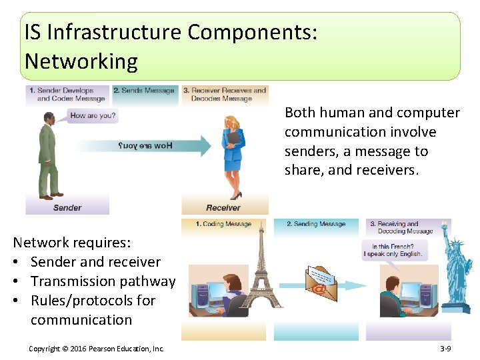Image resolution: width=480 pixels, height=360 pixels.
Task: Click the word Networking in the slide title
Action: click(81, 61)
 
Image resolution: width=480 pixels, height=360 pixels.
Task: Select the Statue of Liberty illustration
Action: click(457, 267)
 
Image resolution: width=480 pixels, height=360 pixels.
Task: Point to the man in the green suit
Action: click(48, 153)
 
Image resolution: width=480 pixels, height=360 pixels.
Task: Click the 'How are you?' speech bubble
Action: click(93, 116)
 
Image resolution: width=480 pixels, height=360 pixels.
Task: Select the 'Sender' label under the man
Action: click(67, 207)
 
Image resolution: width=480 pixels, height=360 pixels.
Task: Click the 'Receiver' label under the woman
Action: click(223, 207)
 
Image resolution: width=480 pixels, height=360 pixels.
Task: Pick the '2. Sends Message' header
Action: click(144, 91)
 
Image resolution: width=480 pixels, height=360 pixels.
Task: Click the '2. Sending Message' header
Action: click(316, 224)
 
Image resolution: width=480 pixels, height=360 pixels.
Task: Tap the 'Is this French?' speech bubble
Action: click(393, 250)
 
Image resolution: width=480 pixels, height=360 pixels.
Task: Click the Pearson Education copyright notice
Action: click(97, 349)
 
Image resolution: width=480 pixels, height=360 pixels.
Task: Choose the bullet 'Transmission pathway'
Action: click(102, 281)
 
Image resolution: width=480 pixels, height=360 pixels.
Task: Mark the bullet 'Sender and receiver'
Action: click(95, 262)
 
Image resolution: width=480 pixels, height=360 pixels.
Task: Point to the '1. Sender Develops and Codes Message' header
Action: click(67, 94)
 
